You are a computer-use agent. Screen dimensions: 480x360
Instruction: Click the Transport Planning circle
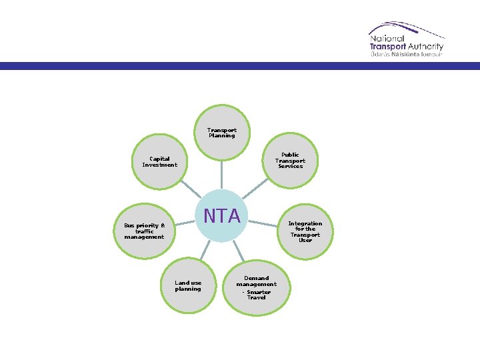(x=222, y=133)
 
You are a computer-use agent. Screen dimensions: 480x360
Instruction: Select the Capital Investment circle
(x=160, y=162)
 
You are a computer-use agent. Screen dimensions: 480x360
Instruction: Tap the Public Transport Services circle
(x=290, y=160)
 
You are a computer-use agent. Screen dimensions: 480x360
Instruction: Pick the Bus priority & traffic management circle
(x=144, y=231)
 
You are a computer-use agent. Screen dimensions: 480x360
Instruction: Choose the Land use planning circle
(x=188, y=285)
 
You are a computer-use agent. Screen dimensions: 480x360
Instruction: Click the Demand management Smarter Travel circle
(x=256, y=287)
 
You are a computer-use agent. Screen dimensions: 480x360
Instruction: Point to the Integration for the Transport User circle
(x=305, y=231)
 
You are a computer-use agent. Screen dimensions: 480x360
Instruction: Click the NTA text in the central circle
(x=222, y=216)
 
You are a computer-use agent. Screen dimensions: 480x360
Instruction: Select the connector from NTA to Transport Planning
(x=222, y=174)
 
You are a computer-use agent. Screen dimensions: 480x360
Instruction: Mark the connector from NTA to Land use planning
(x=206, y=249)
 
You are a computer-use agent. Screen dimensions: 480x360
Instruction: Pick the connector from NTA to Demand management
(x=238, y=249)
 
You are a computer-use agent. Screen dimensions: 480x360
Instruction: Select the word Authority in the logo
(x=424, y=47)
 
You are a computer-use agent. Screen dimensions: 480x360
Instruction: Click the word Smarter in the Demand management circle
(x=259, y=292)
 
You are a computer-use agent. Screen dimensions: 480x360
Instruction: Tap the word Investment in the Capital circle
(x=160, y=165)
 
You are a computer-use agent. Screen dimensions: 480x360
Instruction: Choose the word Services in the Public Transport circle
(x=290, y=166)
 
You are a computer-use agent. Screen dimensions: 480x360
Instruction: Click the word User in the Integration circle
(x=305, y=240)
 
